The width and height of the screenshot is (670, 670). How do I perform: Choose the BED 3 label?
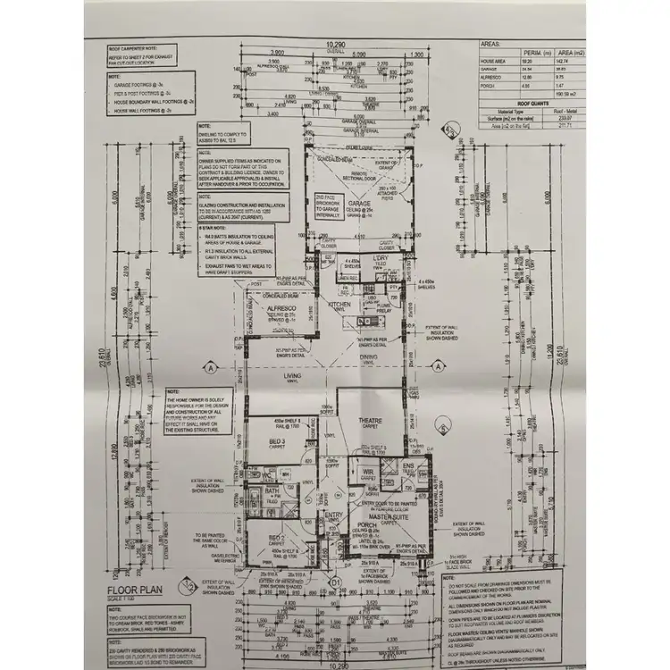(277, 442)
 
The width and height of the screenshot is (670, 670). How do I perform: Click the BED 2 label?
(278, 537)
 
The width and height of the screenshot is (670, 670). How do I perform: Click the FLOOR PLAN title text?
(135, 590)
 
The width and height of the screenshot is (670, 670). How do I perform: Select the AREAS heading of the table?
(490, 42)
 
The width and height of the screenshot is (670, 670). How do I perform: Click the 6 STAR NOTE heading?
(212, 227)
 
